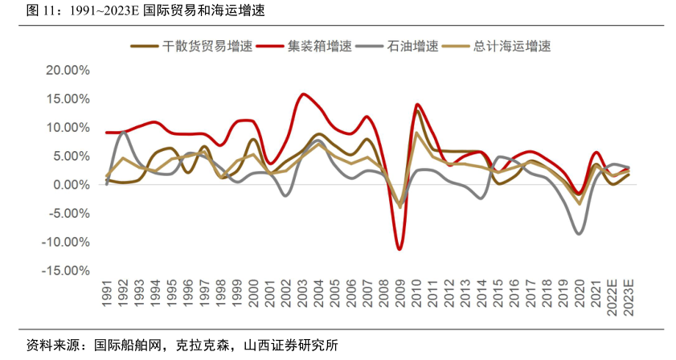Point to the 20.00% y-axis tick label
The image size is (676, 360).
tap(67, 70)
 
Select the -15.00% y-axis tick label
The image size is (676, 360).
tap(65, 271)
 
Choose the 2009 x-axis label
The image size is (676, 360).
tap(399, 292)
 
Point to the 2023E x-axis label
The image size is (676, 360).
tap(629, 297)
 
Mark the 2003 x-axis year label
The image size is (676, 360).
tap(302, 292)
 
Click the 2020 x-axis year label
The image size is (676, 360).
tap(579, 292)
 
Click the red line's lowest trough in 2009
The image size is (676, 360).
tap(399, 249)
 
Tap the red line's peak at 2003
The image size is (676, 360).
tap(303, 94)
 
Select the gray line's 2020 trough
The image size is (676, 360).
tap(579, 234)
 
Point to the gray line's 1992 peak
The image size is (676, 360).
tap(122, 132)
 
